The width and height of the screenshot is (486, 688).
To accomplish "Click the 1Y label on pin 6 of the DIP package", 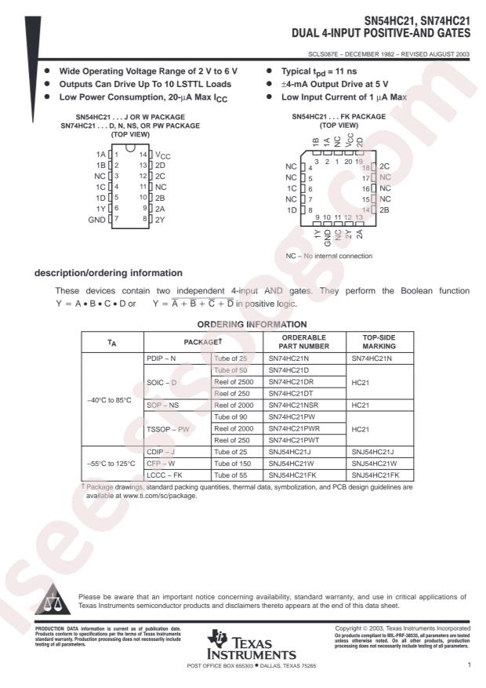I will tap(101, 209).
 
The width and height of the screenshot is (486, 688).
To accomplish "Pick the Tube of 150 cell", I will tap(235, 463).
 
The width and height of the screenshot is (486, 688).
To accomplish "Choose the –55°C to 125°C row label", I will tap(111, 463).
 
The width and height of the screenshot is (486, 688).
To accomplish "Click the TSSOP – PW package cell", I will tap(172, 430).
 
